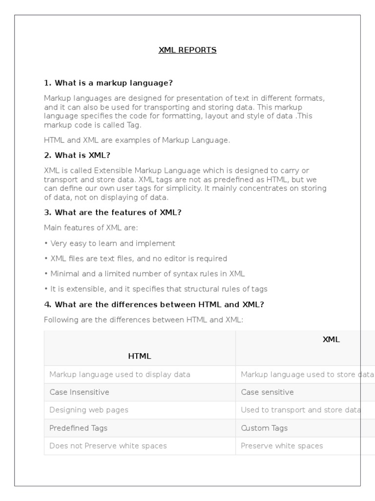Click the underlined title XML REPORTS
point(187,50)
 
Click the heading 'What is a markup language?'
point(108,83)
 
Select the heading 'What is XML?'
point(77,156)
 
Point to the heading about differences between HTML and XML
point(154,304)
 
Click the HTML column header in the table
point(140,356)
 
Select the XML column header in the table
point(331,340)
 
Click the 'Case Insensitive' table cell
point(79,392)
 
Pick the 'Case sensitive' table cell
point(267,392)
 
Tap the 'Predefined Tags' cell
point(78,428)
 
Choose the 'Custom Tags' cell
point(264,428)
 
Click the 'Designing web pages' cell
point(89,410)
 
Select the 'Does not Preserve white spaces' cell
point(108,446)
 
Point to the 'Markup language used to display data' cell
point(120,375)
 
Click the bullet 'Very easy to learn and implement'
point(112,243)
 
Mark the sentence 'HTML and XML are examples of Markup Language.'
point(137,140)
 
